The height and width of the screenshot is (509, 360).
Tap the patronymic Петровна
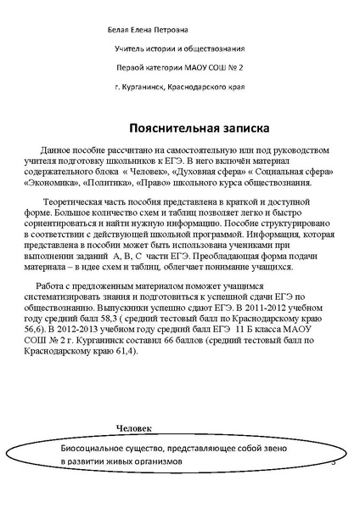click(169, 31)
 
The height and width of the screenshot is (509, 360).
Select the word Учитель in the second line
click(132, 48)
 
